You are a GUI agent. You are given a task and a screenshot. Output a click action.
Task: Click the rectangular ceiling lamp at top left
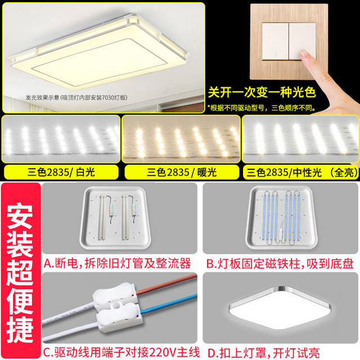pos(99,52)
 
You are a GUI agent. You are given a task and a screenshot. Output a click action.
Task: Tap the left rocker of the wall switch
pos(275,41)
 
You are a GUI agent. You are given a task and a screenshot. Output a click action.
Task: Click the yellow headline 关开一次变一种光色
pos(262,92)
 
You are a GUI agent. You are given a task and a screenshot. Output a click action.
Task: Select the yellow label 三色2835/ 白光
pos(61,172)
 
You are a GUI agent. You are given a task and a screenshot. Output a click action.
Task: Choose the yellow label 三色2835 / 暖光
pos(182,172)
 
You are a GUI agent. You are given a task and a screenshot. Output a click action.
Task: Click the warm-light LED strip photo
pos(181,139)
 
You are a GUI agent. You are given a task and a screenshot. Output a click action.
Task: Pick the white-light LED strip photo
pos(61,139)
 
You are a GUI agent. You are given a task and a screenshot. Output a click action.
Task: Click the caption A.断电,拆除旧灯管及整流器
pos(118,263)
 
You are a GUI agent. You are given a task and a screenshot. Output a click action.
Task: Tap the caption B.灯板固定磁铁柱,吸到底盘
pos(280,264)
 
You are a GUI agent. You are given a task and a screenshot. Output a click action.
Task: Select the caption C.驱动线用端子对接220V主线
pos(121,352)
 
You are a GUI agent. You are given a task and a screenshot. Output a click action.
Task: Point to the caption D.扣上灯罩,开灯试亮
pos(264,353)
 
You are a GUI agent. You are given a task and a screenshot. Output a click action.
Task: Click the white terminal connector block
pos(117,307)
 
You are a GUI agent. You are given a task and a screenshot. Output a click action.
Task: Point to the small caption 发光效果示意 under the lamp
pos(42,97)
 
